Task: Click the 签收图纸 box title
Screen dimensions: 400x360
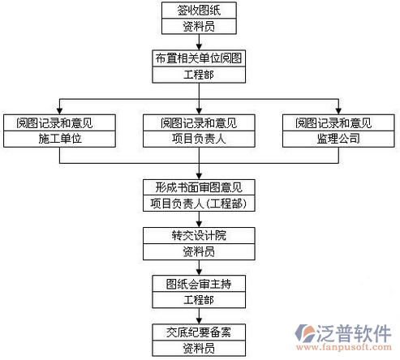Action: pyautogui.click(x=199, y=11)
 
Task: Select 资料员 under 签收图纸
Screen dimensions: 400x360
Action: pyautogui.click(x=199, y=27)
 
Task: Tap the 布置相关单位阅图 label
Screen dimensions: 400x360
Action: pyautogui.click(x=199, y=58)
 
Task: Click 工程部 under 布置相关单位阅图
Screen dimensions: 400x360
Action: pyautogui.click(x=199, y=75)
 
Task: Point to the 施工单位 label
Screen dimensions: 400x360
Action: pyautogui.click(x=60, y=139)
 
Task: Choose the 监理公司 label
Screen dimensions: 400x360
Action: pyautogui.click(x=338, y=139)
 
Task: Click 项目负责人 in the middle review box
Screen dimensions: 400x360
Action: pyautogui.click(x=199, y=139)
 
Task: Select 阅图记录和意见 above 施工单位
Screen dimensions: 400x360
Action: pyautogui.click(x=55, y=123)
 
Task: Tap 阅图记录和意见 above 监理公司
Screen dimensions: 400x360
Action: pyautogui.click(x=333, y=123)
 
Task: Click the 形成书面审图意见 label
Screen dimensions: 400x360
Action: pyautogui.click(x=199, y=187)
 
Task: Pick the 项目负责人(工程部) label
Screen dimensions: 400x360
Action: pyautogui.click(x=199, y=204)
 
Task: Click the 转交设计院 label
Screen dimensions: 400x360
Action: pyautogui.click(x=199, y=235)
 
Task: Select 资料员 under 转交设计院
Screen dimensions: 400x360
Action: pyautogui.click(x=199, y=251)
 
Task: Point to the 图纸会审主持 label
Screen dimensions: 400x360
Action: pyautogui.click(x=199, y=284)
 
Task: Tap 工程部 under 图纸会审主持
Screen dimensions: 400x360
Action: pyautogui.click(x=199, y=300)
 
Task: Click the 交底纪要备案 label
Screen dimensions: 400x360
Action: pyautogui.click(x=199, y=332)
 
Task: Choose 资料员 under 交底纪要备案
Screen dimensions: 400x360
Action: pyautogui.click(x=199, y=348)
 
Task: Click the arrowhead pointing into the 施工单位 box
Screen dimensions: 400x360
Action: pyautogui.click(x=59, y=111)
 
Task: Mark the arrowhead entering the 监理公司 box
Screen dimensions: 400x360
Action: pyautogui.click(x=338, y=111)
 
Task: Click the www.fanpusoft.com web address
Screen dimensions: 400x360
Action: pyautogui.click(x=344, y=347)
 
